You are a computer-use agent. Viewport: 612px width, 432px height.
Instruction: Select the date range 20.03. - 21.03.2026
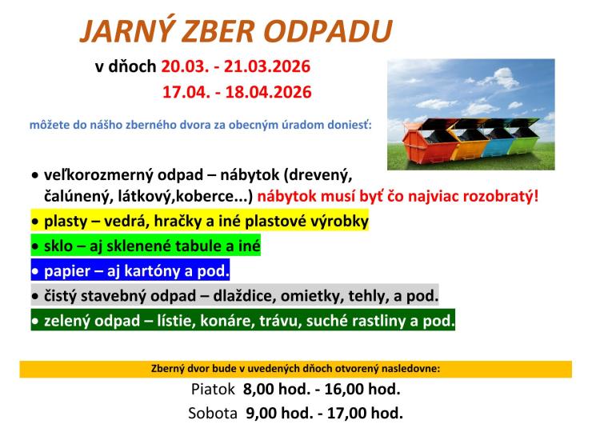pyautogui.click(x=236, y=66)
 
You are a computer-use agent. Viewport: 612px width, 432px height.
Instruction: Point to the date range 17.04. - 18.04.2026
pyautogui.click(x=236, y=92)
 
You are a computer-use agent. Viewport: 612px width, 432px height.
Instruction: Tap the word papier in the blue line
pyautogui.click(x=67, y=270)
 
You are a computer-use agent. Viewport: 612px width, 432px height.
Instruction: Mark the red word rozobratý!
pyautogui.click(x=495, y=194)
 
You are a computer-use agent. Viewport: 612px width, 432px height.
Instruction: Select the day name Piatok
pyautogui.click(x=214, y=390)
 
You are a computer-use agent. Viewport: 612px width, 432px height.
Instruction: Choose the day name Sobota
pyautogui.click(x=213, y=414)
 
